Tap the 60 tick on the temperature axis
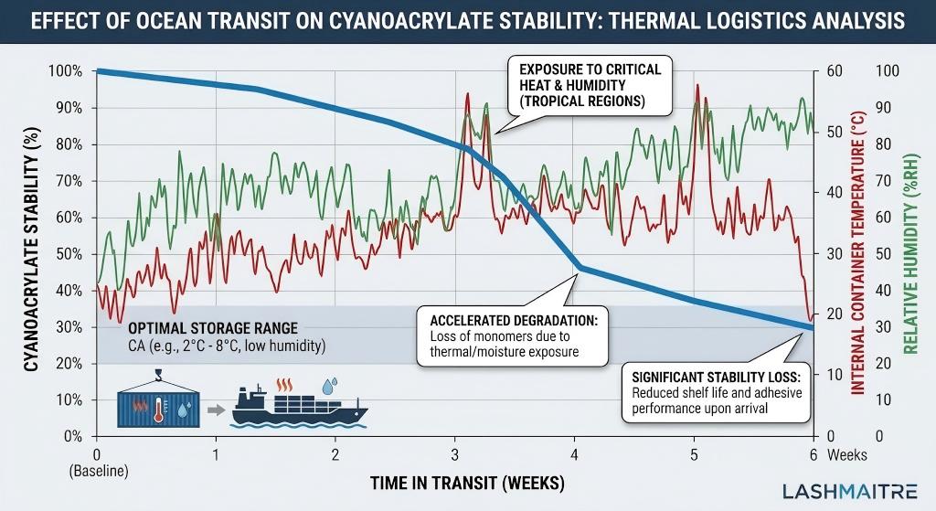point(832,71)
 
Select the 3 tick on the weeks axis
point(455,454)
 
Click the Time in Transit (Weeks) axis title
point(455,483)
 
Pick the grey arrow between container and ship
point(216,409)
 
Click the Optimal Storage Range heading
point(212,328)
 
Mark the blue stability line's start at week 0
point(97,71)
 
